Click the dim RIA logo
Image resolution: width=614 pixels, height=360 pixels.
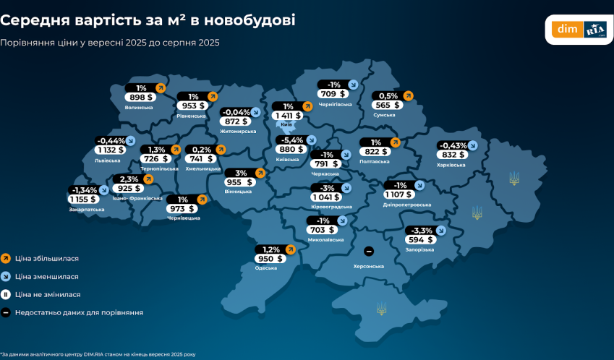pyautogui.click(x=578, y=30)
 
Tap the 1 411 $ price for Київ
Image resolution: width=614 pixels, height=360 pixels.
pyautogui.click(x=287, y=116)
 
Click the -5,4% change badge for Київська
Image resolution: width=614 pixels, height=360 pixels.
pyautogui.click(x=291, y=140)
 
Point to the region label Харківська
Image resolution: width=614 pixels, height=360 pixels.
pyautogui.click(x=451, y=165)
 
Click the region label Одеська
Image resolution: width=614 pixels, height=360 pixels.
pyautogui.click(x=266, y=268)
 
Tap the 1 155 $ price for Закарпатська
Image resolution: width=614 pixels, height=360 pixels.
pyautogui.click(x=83, y=200)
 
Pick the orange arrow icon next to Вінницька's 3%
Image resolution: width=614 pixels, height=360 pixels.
pyautogui.click(x=260, y=173)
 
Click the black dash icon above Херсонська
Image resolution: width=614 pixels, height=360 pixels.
pyautogui.click(x=369, y=251)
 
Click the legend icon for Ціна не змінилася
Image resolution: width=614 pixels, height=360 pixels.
pyautogui.click(x=6, y=294)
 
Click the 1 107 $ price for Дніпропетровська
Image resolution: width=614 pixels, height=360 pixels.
pyautogui.click(x=399, y=194)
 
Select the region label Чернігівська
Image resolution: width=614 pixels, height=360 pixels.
pyautogui.click(x=335, y=104)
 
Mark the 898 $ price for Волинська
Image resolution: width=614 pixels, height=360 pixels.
pyautogui.click(x=140, y=98)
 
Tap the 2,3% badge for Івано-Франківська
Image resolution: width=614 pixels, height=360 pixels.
pyautogui.click(x=129, y=179)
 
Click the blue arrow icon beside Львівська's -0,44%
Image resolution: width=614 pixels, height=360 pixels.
pyautogui.click(x=131, y=140)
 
